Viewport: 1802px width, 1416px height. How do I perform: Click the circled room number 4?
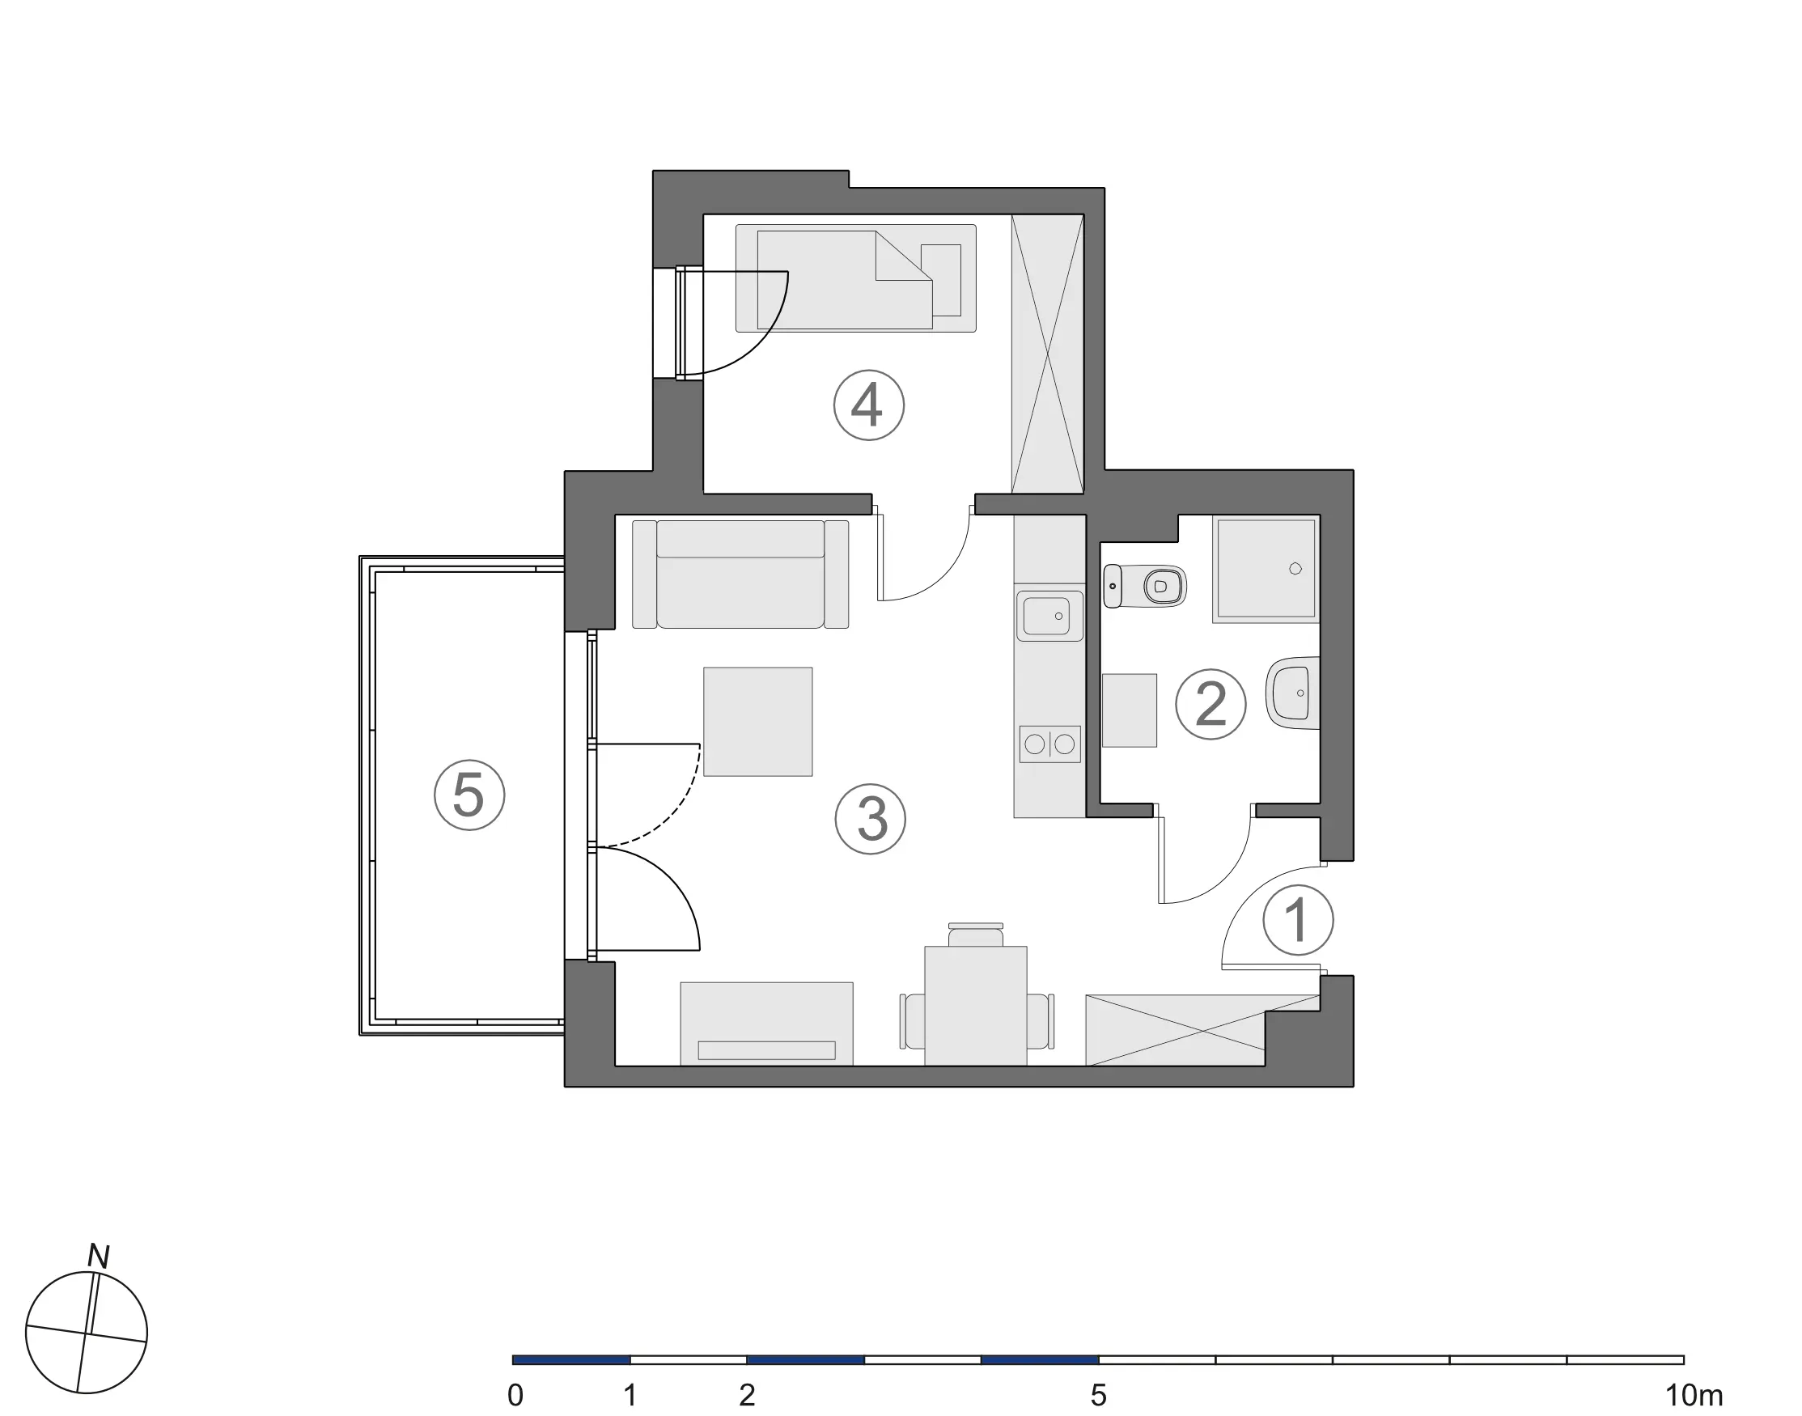pyautogui.click(x=868, y=405)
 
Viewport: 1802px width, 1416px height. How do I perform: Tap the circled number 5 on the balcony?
pyautogui.click(x=469, y=795)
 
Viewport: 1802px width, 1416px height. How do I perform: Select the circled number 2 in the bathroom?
pyautogui.click(x=1211, y=704)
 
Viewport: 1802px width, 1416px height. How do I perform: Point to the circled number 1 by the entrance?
pyautogui.click(x=1298, y=920)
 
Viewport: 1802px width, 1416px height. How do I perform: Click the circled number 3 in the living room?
pyautogui.click(x=871, y=819)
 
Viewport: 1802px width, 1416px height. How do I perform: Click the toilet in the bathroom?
pyautogui.click(x=1145, y=586)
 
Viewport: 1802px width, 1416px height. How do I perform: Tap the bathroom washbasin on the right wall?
pyautogui.click(x=1293, y=693)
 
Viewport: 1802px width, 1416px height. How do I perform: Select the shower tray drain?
pyautogui.click(x=1295, y=568)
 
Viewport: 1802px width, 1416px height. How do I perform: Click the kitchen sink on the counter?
pyautogui.click(x=1049, y=616)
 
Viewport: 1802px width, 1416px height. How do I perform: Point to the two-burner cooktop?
pyautogui.click(x=1050, y=744)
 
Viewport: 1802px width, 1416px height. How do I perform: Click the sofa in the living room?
pyautogui.click(x=740, y=574)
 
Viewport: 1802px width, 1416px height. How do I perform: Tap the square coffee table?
pyautogui.click(x=757, y=721)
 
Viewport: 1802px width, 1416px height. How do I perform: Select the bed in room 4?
pyautogui.click(x=855, y=278)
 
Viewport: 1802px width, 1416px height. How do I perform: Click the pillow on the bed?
pyautogui.click(x=941, y=280)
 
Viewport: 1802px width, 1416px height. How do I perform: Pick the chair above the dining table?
pyautogui.click(x=976, y=935)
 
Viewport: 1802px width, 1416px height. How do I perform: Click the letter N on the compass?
pyautogui.click(x=99, y=1257)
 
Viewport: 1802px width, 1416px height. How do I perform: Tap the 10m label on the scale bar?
pyautogui.click(x=1694, y=1395)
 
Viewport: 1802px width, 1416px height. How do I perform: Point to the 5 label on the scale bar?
pyautogui.click(x=1098, y=1395)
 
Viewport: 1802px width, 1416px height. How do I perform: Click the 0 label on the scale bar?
pyautogui.click(x=515, y=1395)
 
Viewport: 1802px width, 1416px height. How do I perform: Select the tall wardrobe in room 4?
pyautogui.click(x=1048, y=354)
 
